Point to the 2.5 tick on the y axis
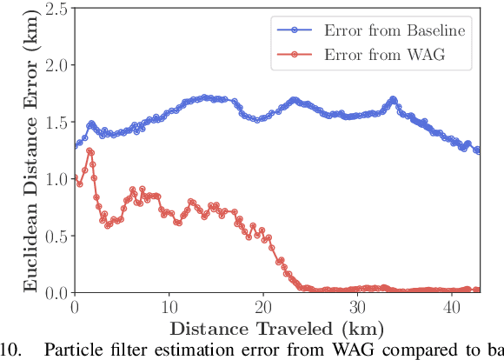point(56,9)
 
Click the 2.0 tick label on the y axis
point(56,65)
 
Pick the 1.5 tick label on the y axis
point(56,123)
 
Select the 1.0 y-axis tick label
point(56,179)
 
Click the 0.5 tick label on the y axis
point(56,236)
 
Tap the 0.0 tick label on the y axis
point(56,292)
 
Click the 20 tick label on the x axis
point(262,308)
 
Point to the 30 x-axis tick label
point(357,308)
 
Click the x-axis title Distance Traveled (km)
point(277,328)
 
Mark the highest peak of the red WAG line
point(89,151)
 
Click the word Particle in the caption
point(69,350)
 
